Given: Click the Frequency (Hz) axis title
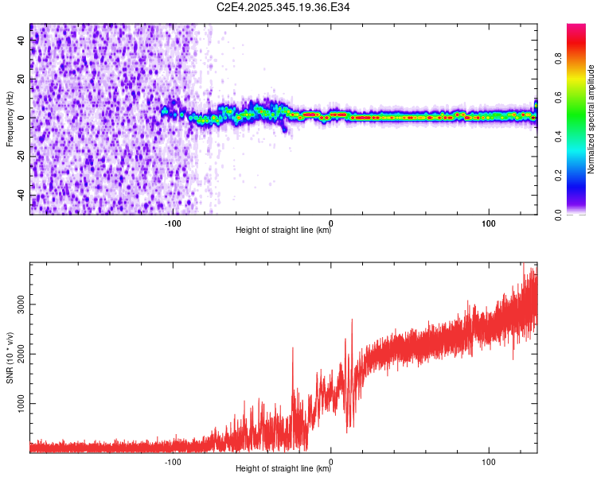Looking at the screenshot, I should [x=10, y=119].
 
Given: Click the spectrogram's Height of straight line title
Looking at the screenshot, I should [x=283, y=231].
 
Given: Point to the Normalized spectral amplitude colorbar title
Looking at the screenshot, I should [x=591, y=119].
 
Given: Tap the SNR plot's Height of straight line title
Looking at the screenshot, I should [x=283, y=469].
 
